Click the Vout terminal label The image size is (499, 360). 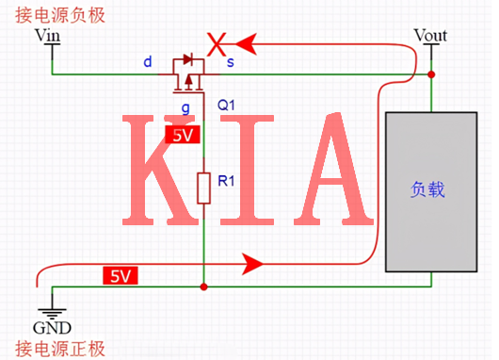(x=430, y=36)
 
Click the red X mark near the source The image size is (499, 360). (x=217, y=43)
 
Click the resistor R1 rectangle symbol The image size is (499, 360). (x=203, y=188)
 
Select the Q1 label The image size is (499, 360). (x=227, y=105)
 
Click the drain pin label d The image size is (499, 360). (x=147, y=62)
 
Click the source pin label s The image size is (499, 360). (x=231, y=62)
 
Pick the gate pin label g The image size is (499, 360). (x=185, y=108)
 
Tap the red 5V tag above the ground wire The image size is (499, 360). (x=120, y=276)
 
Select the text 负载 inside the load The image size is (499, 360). (x=427, y=189)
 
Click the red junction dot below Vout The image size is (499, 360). (x=431, y=74)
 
